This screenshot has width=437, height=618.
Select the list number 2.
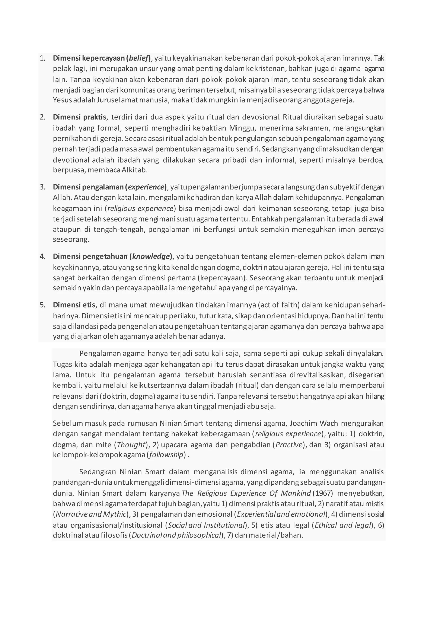[x=42, y=117]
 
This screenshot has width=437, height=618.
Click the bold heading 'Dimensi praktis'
[x=79, y=117]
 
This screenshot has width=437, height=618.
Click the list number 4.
[x=42, y=256]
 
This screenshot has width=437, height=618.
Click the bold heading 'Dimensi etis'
[x=74, y=305]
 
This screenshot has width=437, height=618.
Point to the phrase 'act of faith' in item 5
[x=278, y=305]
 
